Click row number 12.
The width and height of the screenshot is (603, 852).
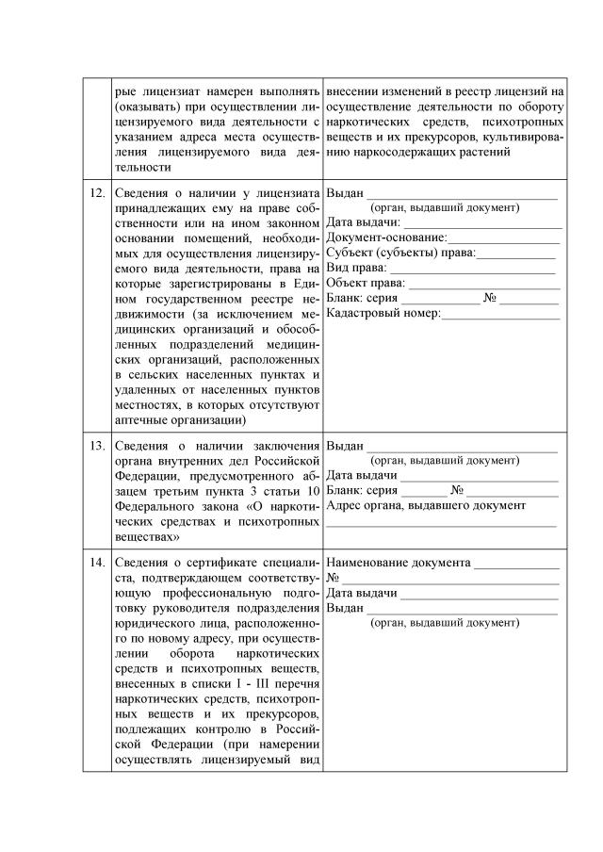(96, 193)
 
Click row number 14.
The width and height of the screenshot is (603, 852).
(96, 563)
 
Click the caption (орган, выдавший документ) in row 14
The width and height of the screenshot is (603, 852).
(445, 623)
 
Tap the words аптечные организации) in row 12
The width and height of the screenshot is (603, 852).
(178, 418)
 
